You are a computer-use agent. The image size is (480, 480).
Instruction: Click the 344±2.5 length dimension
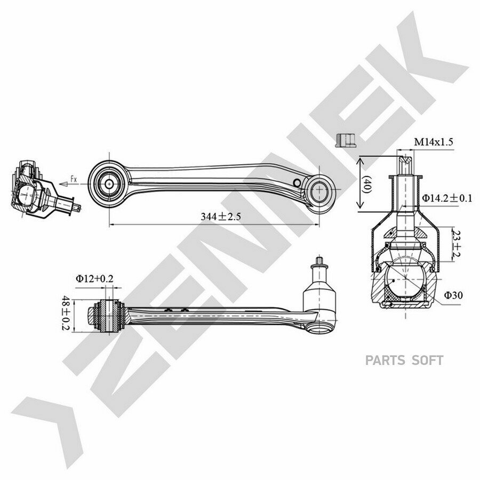tap(221, 217)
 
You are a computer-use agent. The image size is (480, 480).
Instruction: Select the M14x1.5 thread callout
tap(434, 142)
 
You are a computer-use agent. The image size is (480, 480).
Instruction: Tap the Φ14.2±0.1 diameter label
tap(447, 198)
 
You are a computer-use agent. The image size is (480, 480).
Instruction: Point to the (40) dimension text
tap(366, 184)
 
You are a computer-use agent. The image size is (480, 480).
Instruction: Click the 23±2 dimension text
tap(456, 244)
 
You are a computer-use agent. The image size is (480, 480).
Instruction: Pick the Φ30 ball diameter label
tap(453, 295)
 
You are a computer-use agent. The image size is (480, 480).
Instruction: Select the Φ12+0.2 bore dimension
tap(94, 278)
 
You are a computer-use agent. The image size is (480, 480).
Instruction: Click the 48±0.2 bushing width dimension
tap(66, 313)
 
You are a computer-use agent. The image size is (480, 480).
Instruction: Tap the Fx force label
tap(74, 179)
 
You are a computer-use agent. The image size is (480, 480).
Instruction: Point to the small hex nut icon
tap(345, 140)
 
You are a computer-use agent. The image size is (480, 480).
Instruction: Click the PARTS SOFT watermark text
tap(404, 361)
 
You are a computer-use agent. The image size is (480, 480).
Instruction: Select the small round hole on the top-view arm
tap(297, 183)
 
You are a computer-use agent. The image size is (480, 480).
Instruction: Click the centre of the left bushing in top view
tap(109, 184)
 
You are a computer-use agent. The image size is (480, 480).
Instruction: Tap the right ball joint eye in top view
tap(319, 190)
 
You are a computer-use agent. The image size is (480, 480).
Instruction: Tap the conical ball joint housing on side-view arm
tap(319, 293)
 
